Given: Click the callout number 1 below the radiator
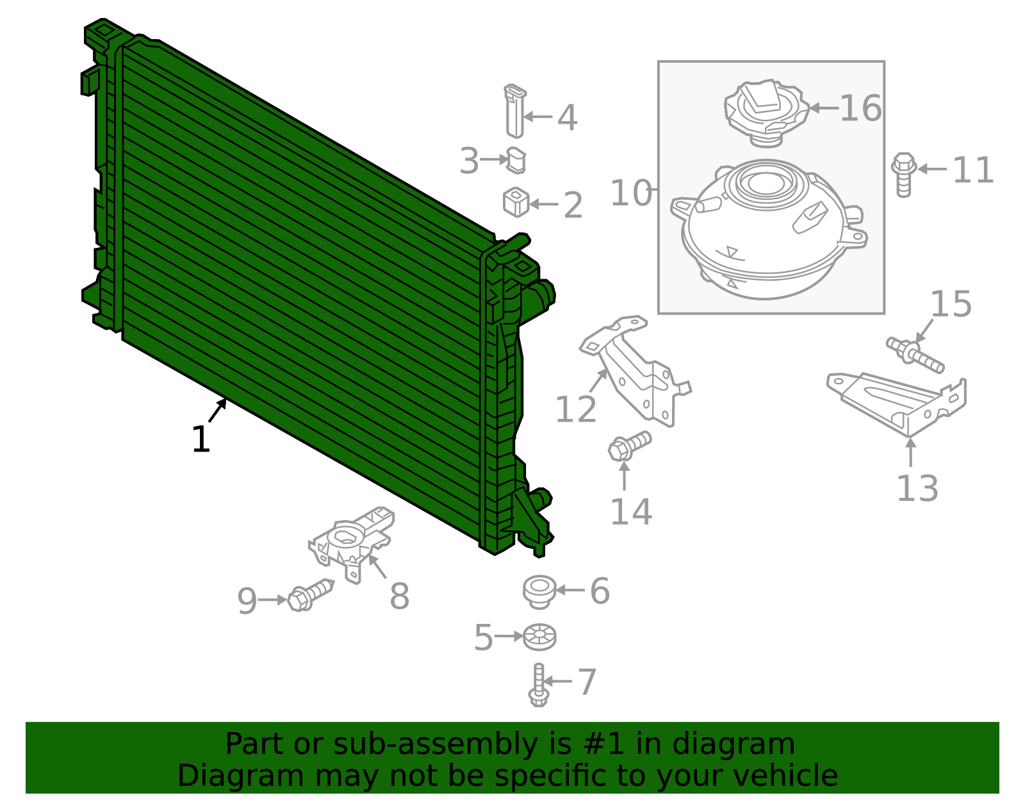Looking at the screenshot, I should (201, 439).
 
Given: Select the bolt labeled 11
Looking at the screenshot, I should (903, 174).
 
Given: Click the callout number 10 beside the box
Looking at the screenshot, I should (631, 193).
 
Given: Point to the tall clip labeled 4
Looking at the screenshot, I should (514, 111).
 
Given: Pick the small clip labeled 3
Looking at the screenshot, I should (516, 160).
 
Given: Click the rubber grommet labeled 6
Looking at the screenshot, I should (539, 591).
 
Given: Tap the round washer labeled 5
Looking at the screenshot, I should (539, 637).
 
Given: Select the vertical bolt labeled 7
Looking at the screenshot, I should (539, 685).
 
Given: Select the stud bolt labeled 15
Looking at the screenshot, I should (915, 354).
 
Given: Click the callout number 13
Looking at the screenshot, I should (917, 489).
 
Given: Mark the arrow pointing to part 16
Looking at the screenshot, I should (824, 108).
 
